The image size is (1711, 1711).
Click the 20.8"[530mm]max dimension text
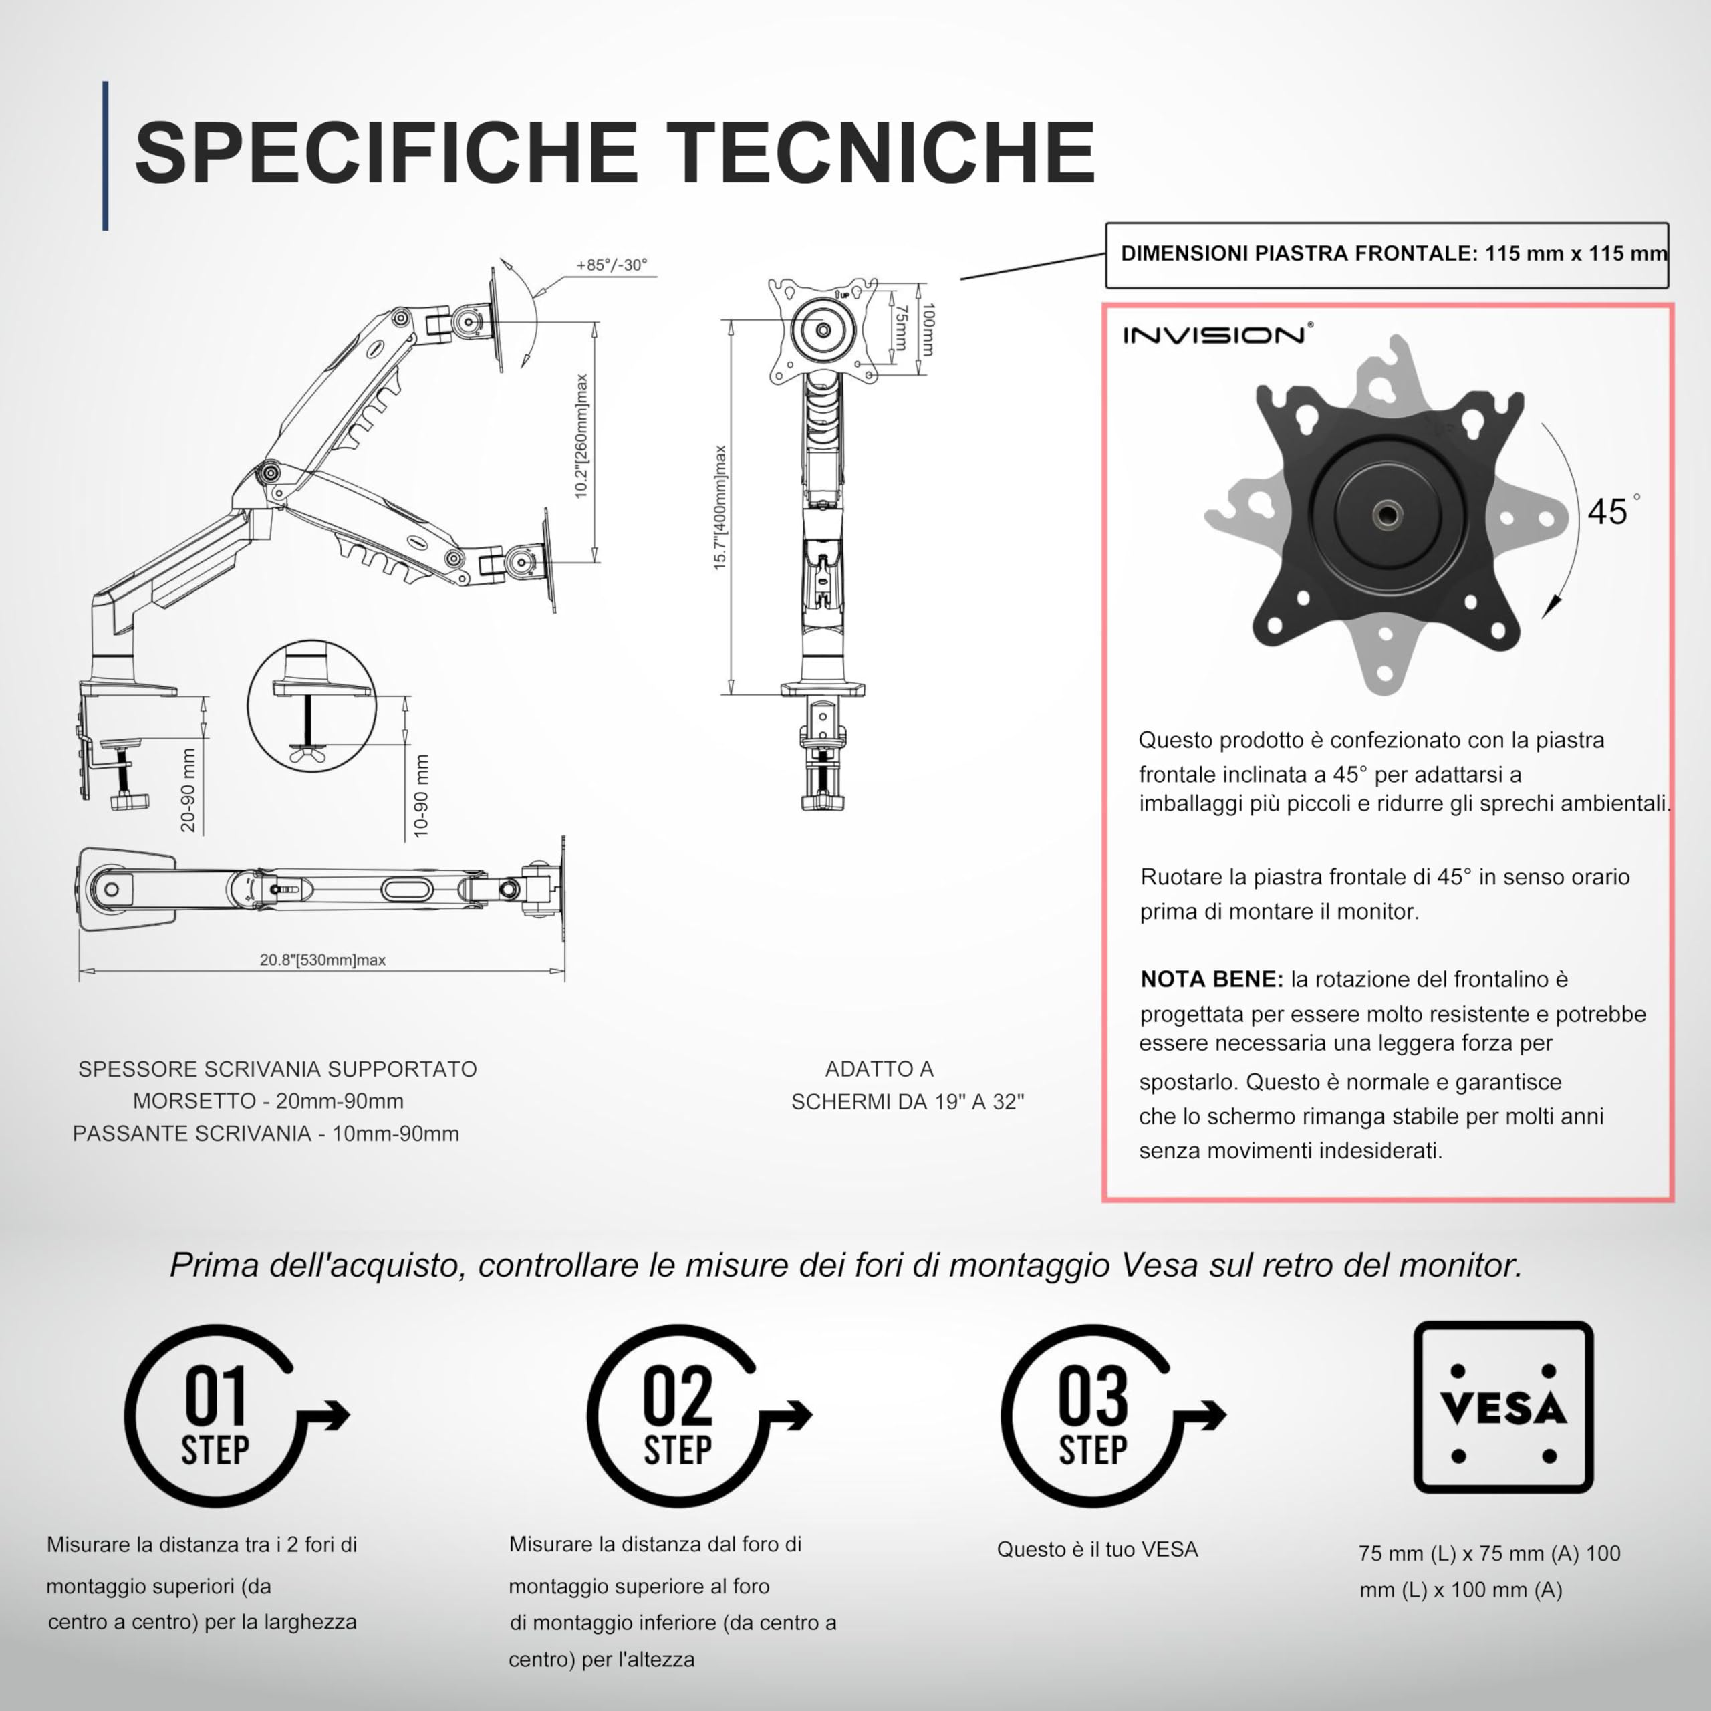[322, 960]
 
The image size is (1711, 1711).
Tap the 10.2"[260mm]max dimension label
[582, 436]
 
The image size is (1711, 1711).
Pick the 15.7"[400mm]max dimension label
[721, 507]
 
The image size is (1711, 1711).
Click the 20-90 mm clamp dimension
[188, 790]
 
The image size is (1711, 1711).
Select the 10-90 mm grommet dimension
[422, 796]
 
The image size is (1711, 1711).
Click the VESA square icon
[1503, 1408]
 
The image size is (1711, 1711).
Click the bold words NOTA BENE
[1210, 980]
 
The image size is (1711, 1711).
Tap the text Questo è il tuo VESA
[1097, 1549]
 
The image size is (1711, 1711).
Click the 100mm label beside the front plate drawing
[927, 330]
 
